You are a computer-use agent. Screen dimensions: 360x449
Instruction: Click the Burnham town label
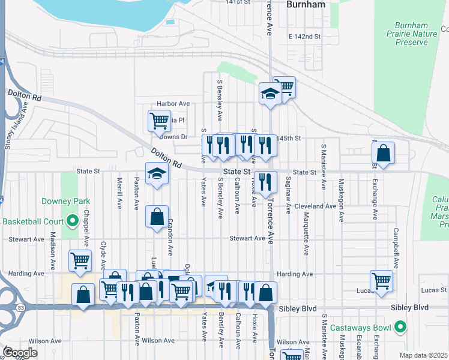click(306, 4)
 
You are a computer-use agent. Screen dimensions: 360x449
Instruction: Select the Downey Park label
click(61, 201)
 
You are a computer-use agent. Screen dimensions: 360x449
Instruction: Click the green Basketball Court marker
click(73, 221)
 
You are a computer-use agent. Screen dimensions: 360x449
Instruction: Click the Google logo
click(19, 353)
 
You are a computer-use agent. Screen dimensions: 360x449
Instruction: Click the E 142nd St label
click(305, 37)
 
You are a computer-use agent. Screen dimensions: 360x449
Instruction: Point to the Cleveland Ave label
click(315, 206)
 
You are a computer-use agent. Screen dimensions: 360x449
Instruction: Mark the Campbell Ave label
click(396, 247)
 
